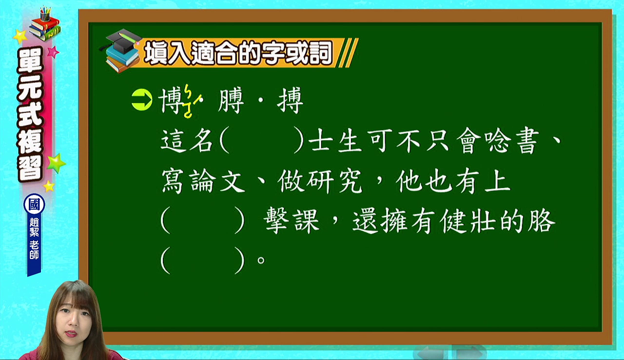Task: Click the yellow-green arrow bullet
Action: pos(142,100)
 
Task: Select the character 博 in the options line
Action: pos(171,100)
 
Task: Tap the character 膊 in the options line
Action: pos(231,100)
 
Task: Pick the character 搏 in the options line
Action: pos(290,100)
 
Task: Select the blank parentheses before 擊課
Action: pos(202,220)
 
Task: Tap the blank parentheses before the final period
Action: pos(202,260)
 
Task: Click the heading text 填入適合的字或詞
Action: pos(238,53)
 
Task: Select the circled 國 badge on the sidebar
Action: pos(34,204)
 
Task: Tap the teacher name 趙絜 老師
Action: pos(34,238)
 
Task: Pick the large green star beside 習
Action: pos(57,163)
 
